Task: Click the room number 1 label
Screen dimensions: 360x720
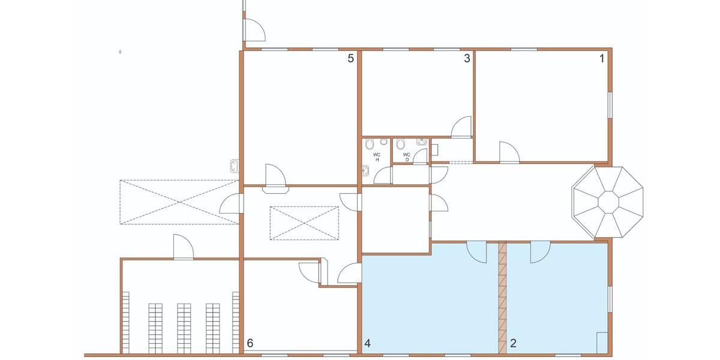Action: (602, 59)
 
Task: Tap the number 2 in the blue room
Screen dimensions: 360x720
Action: (513, 344)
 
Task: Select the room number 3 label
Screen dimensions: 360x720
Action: (466, 59)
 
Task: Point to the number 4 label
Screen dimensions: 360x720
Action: (367, 344)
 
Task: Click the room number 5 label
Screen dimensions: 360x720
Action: (352, 59)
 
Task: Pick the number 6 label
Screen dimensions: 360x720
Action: (250, 343)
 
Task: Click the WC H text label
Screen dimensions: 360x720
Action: (377, 157)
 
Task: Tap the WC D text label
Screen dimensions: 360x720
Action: (406, 157)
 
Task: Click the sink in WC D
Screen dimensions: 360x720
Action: (422, 142)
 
